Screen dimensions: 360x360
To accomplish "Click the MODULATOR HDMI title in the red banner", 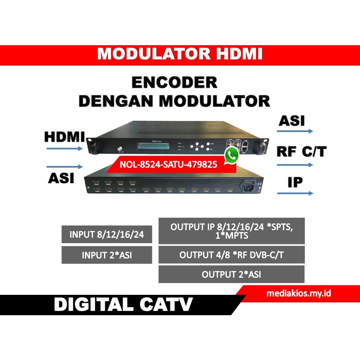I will [180, 54].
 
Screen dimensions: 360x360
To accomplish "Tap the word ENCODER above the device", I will [174, 83].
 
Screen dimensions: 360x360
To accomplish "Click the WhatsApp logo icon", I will [231, 155].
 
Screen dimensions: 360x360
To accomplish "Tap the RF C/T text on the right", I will [302, 152].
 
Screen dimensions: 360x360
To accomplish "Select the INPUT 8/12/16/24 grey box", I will [107, 234].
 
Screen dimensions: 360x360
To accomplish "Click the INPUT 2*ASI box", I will [107, 255].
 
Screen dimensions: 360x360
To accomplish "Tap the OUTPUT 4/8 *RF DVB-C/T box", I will [232, 255].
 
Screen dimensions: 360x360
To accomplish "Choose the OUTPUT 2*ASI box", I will [232, 274].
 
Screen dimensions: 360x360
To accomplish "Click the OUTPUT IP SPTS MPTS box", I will [232, 231].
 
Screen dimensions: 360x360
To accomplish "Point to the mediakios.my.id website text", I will [299, 294].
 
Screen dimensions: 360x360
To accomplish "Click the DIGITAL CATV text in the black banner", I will [123, 305].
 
